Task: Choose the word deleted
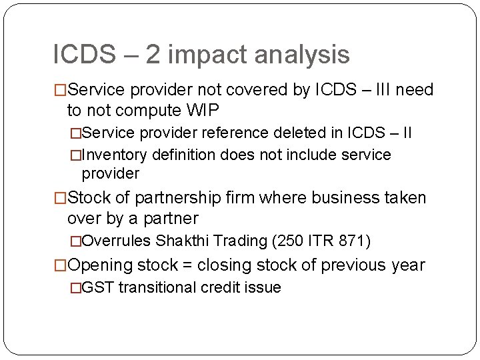coord(310,133)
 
